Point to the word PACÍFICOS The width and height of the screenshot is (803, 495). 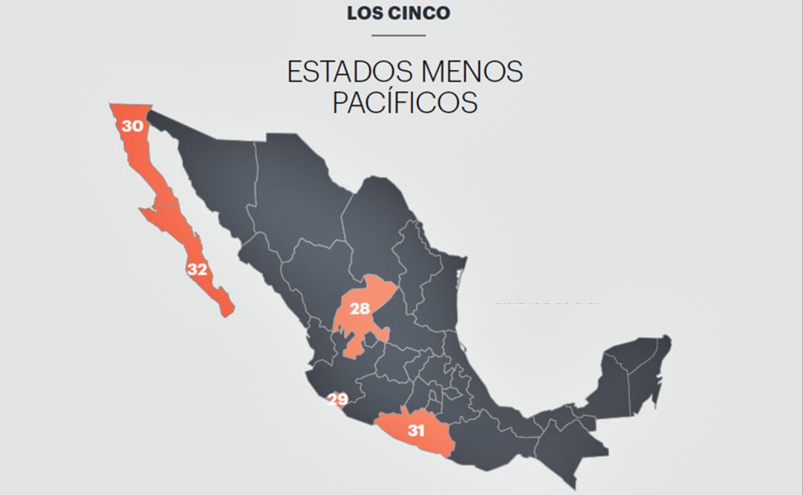tap(404, 103)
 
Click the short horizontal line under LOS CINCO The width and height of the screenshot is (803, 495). tap(398, 35)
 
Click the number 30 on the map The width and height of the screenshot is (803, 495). tap(133, 126)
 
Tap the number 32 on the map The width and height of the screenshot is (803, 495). tap(197, 270)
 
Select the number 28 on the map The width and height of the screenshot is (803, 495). tap(360, 308)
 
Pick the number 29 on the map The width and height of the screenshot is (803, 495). tap(338, 400)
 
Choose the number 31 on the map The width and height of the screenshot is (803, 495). tap(416, 430)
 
